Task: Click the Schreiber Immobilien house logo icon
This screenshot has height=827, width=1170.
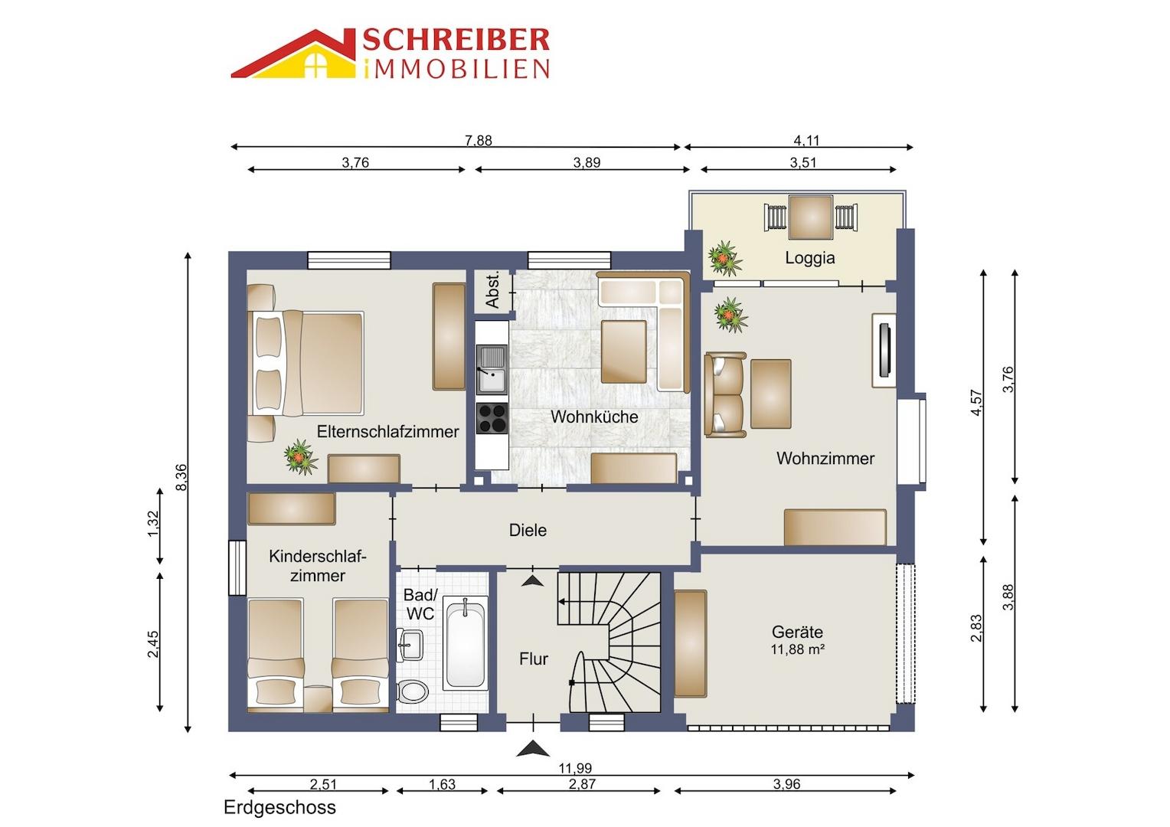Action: click(x=294, y=55)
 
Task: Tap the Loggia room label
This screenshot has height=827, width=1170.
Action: click(x=809, y=258)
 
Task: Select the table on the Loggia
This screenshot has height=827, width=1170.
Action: click(x=810, y=217)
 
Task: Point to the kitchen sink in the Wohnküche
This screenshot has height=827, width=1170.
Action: click(x=491, y=368)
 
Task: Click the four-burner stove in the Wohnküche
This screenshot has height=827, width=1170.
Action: click(x=492, y=418)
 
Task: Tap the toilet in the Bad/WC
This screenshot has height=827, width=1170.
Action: click(x=414, y=690)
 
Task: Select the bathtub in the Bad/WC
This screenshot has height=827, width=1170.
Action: click(x=466, y=644)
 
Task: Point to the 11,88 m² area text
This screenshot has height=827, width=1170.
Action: click(x=797, y=650)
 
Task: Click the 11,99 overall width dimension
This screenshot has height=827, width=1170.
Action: click(x=575, y=768)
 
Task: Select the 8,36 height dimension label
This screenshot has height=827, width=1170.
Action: click(x=181, y=478)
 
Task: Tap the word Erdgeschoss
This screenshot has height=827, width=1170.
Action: click(x=279, y=807)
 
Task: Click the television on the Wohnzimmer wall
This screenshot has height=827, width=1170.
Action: click(x=885, y=350)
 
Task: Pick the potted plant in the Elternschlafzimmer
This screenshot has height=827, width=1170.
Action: click(x=299, y=457)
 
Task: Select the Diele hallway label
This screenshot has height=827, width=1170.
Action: click(x=528, y=530)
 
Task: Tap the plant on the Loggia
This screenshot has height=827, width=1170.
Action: click(x=724, y=258)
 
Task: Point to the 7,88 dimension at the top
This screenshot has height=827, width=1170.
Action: click(x=479, y=140)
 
